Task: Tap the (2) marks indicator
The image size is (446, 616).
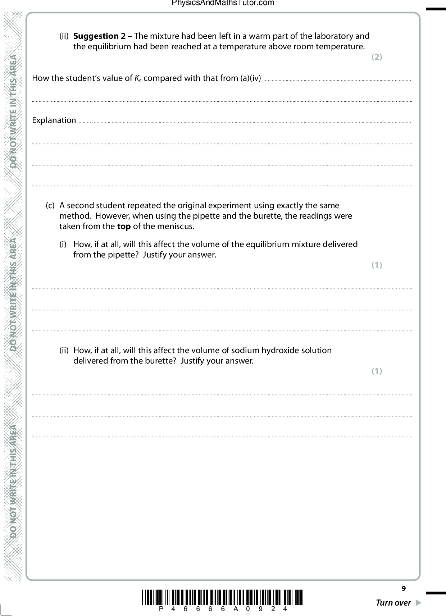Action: point(377,57)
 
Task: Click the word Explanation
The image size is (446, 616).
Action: point(54,120)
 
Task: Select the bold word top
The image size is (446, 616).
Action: point(124,227)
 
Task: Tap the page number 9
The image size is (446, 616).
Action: point(404,588)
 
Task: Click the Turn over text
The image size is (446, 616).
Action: point(393,603)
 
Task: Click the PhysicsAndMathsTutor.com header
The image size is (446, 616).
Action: point(223,3)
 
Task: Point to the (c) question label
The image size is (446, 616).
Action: point(50,206)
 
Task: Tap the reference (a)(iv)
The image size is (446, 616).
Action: point(250,78)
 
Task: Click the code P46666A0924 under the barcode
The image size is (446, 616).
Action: point(223,609)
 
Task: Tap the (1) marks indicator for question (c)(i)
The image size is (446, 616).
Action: point(377,265)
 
